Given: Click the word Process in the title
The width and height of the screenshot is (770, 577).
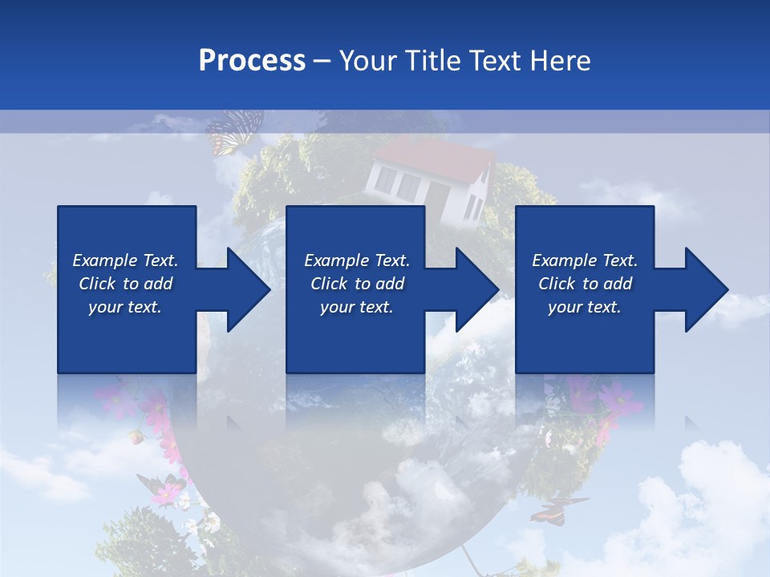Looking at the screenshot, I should click(x=252, y=61).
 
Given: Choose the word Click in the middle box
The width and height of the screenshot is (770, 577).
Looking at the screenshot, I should click(x=329, y=284).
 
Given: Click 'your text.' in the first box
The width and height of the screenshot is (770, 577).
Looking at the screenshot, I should click(x=125, y=307).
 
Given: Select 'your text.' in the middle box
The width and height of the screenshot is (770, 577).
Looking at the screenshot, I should click(x=356, y=307).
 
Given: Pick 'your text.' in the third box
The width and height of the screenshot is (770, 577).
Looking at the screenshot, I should click(x=585, y=307).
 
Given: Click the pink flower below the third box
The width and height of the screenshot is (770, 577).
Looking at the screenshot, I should click(x=618, y=396).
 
